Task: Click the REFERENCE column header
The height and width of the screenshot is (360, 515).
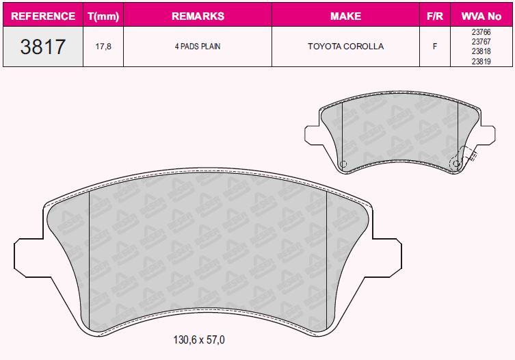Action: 44,16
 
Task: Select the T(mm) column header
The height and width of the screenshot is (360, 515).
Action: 103,16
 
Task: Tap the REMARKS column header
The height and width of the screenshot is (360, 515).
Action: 197,16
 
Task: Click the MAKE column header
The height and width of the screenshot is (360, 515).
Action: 345,16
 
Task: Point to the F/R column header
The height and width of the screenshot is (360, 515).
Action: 434,16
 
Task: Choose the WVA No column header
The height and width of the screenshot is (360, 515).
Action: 481,16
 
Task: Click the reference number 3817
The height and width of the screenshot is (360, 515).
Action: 43,47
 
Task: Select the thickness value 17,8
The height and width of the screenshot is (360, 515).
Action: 103,47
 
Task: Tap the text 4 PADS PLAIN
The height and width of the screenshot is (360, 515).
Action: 197,47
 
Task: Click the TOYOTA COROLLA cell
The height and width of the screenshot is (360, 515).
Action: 345,47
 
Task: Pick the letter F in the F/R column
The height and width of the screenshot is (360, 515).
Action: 434,47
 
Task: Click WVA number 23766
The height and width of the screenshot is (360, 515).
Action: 481,31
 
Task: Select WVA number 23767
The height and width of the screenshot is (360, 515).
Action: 481,41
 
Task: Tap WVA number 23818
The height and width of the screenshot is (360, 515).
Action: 481,51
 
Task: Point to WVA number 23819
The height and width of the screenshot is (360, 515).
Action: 481,61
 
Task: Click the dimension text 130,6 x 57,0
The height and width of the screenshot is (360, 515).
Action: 199,340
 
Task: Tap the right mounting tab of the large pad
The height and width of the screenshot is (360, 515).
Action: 386,256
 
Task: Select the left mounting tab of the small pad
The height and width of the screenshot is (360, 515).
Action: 311,134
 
